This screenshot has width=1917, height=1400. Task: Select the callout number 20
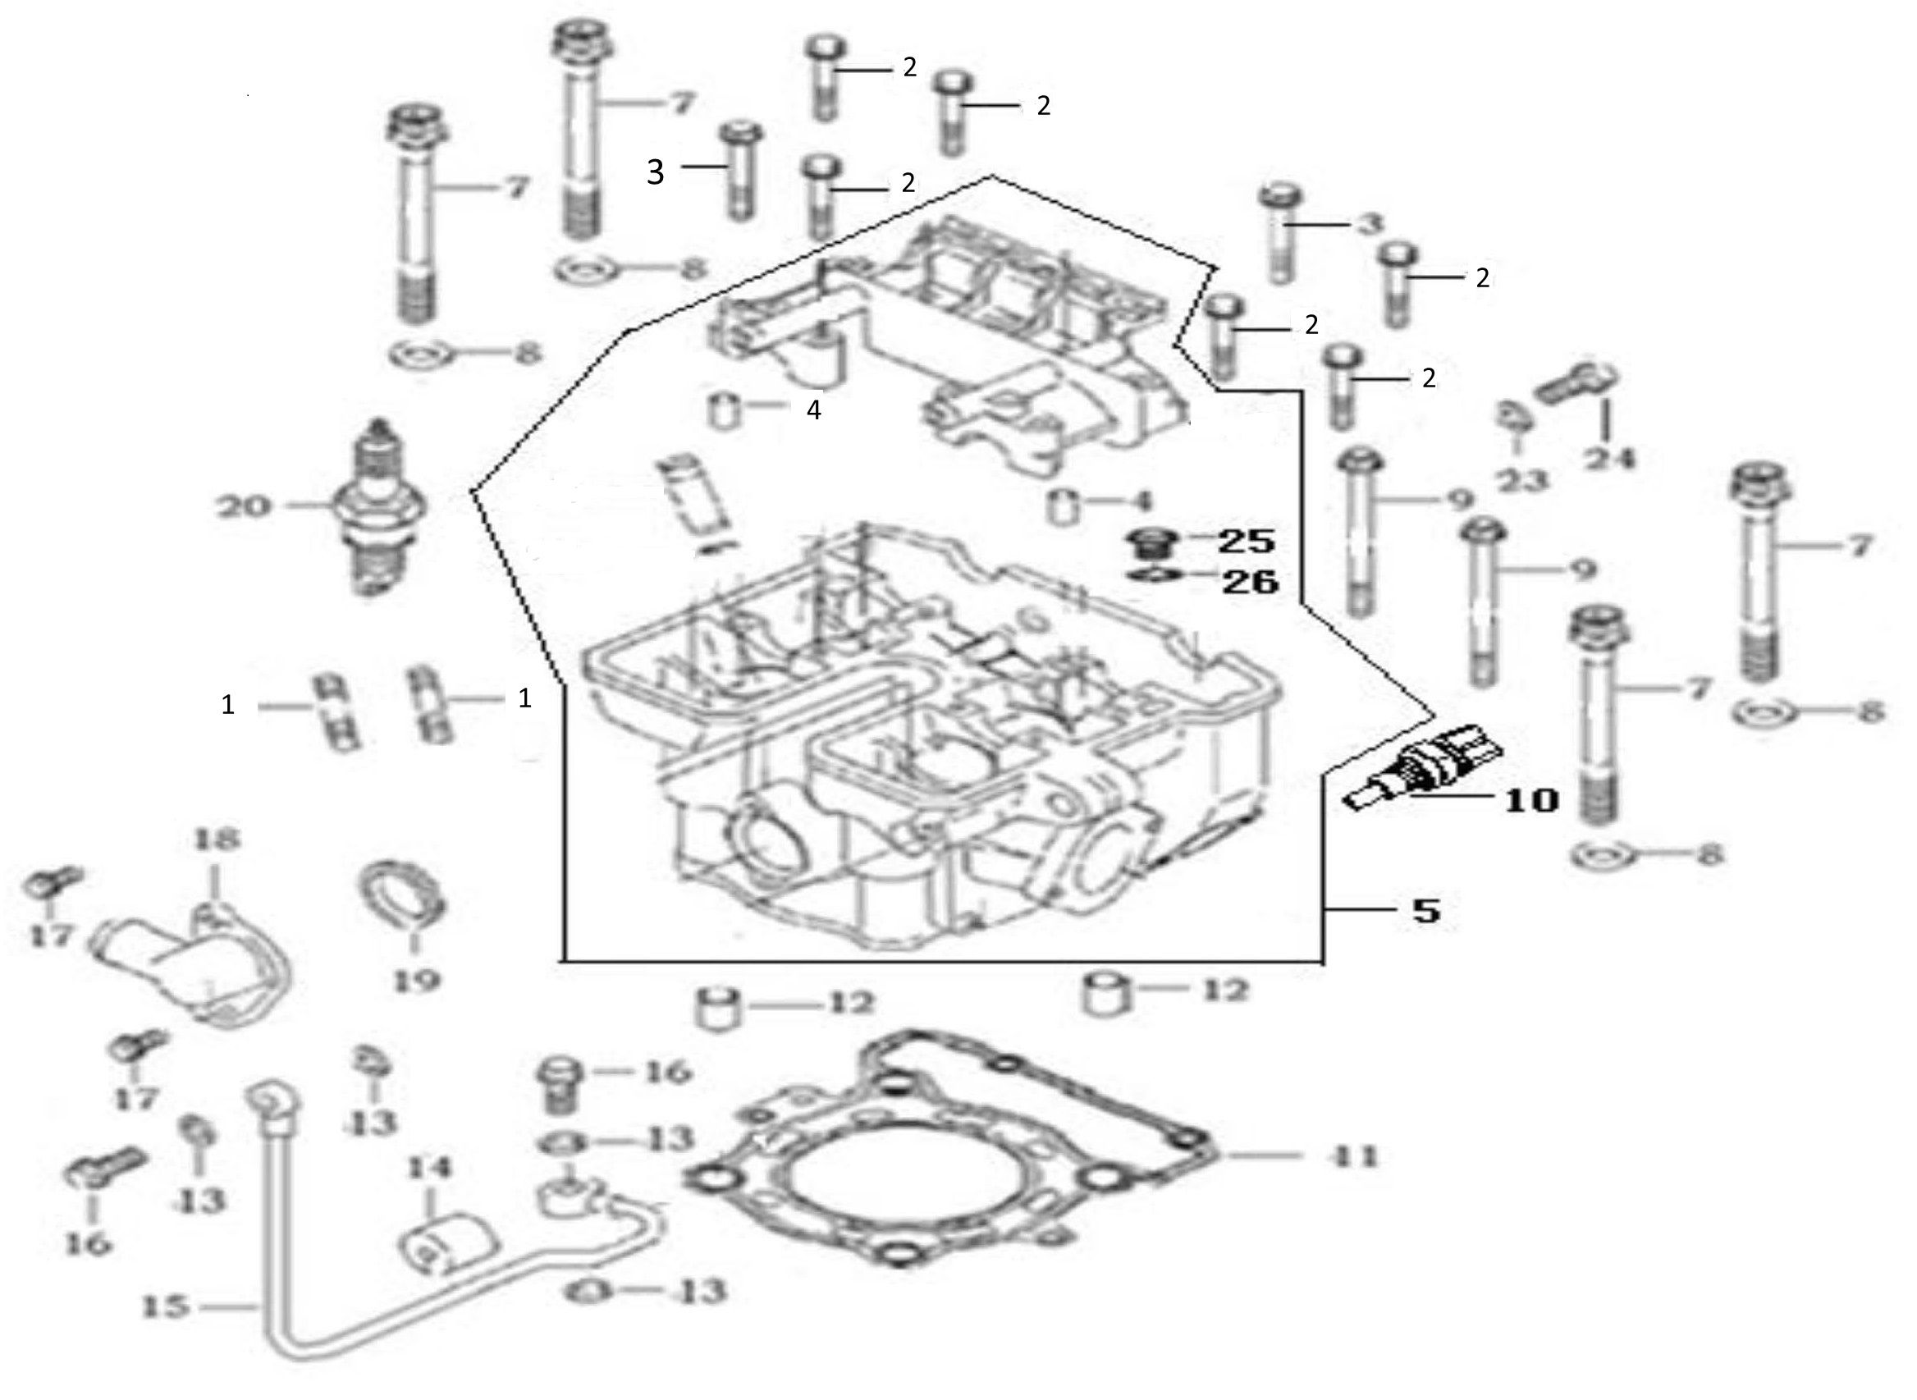[244, 507]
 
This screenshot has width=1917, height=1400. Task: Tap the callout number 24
[1610, 459]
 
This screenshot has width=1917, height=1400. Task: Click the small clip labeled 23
[1510, 415]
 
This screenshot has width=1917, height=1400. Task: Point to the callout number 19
[416, 981]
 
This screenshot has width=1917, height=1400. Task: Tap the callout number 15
[164, 1306]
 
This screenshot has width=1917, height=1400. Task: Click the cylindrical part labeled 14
[446, 1248]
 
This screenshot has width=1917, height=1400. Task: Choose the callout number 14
[430, 1168]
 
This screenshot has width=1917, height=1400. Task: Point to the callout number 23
[1521, 481]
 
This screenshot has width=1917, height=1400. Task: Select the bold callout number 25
[1246, 541]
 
